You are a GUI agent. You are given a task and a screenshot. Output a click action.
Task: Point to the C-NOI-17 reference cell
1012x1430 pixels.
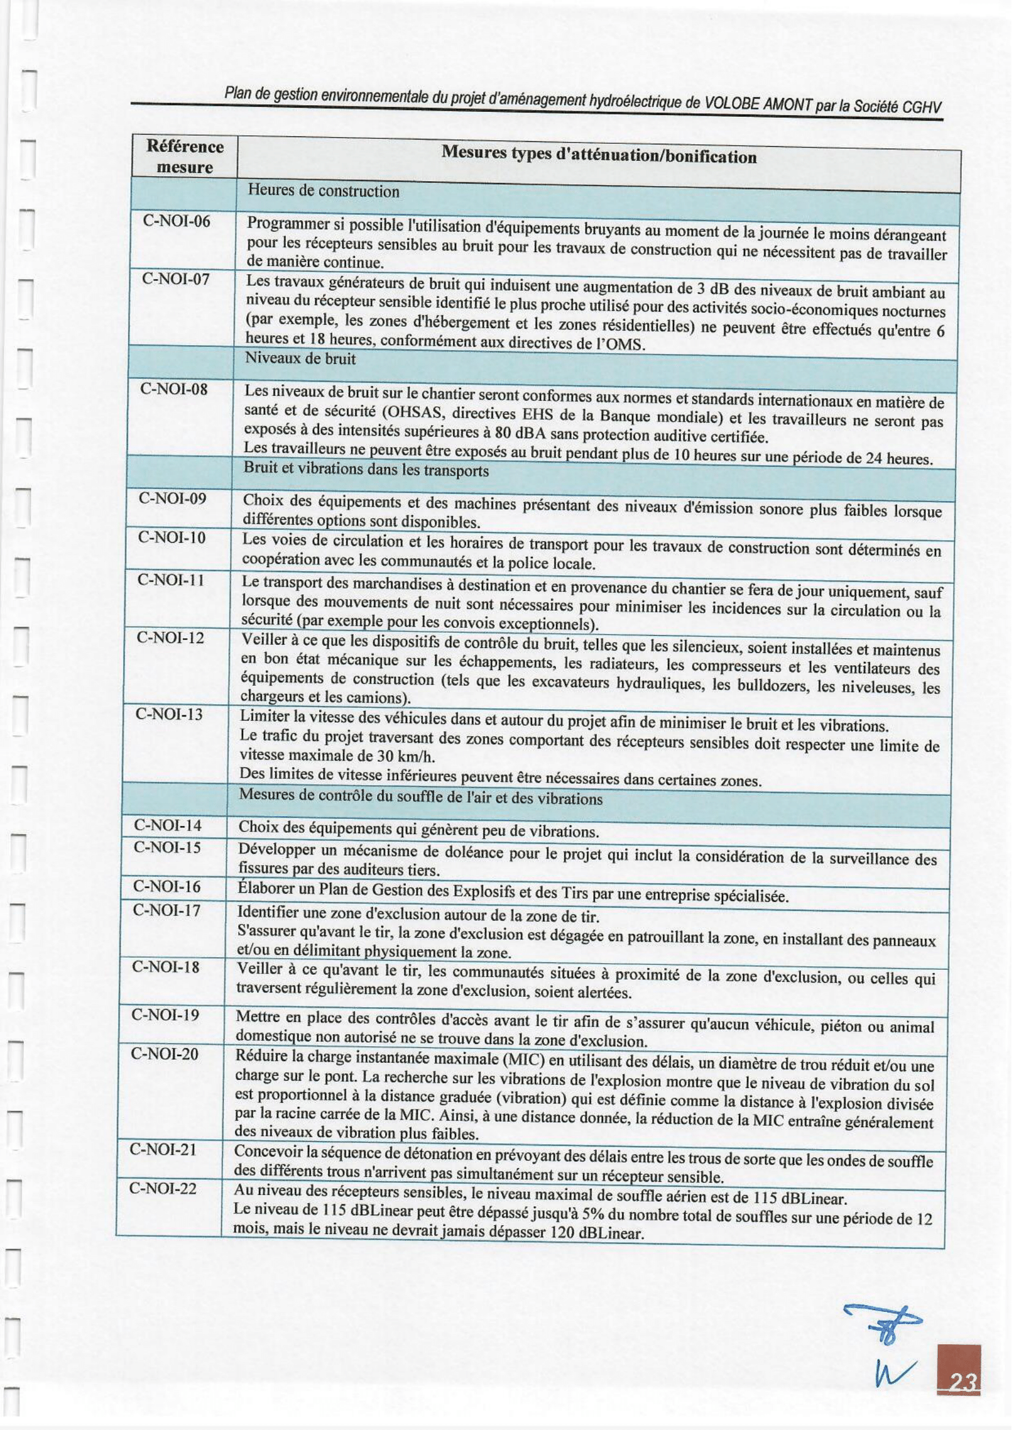[x=167, y=911]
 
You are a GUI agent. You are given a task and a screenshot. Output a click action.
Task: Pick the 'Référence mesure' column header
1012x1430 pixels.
[x=184, y=156]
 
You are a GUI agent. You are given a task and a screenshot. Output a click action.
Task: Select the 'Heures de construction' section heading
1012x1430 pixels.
[x=323, y=191]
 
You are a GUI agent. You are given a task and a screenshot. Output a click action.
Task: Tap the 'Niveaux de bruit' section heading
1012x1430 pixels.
[x=301, y=359]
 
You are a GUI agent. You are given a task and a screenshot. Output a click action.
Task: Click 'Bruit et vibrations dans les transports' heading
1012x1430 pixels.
[x=365, y=470]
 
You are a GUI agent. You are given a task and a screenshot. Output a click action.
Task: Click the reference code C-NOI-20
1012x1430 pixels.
[x=165, y=1054]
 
